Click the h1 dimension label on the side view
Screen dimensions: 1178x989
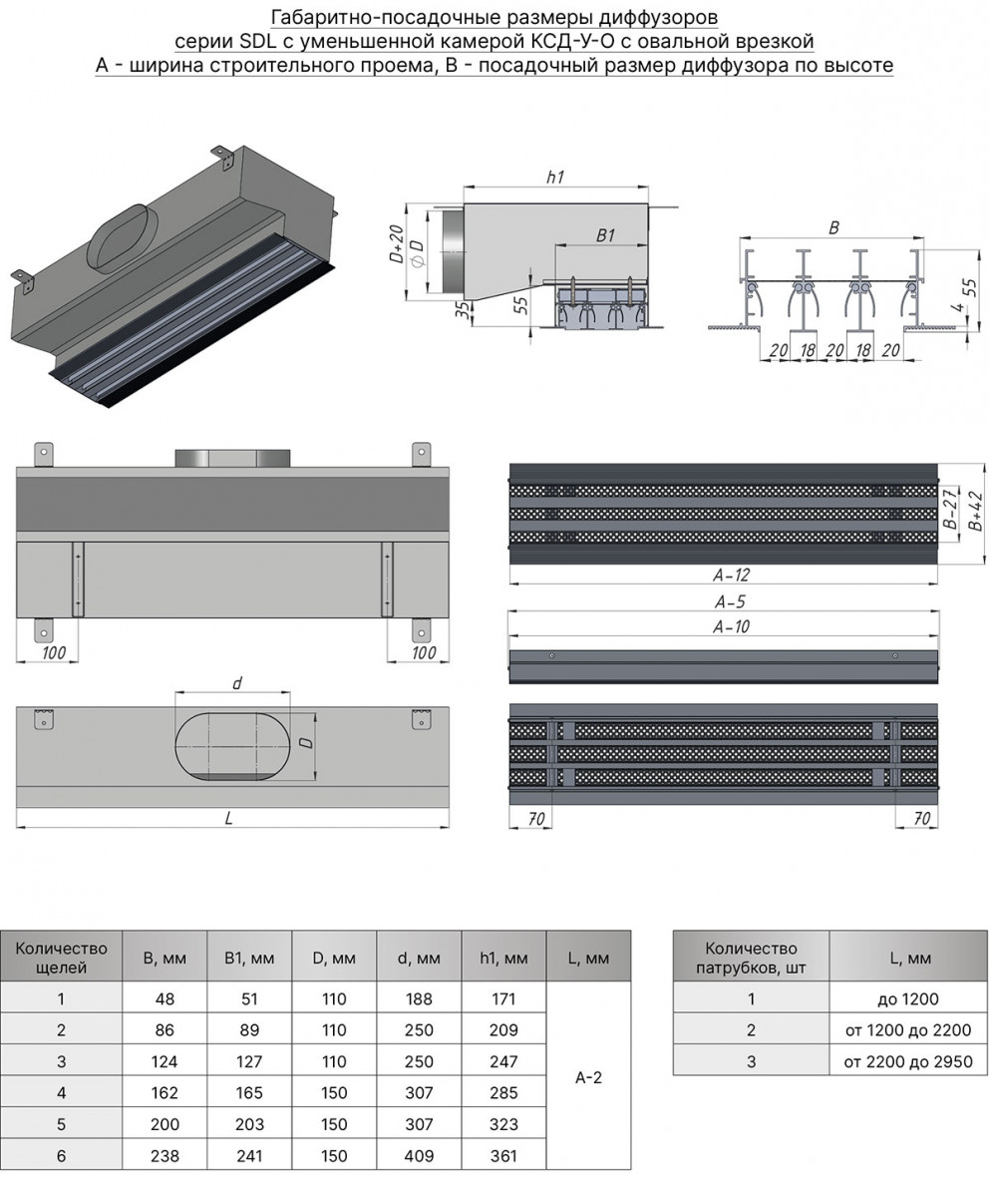[555, 177]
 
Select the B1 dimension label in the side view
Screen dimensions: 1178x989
[605, 235]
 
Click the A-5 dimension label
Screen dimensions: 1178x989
[731, 601]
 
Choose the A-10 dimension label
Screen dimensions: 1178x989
[731, 627]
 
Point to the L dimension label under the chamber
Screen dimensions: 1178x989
[228, 817]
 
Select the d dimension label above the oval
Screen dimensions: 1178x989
[237, 683]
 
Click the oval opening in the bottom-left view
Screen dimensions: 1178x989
[232, 744]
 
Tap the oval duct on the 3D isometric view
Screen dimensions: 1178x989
[121, 236]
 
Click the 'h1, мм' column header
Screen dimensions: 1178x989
[503, 959]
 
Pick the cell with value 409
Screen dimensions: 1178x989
[419, 1156]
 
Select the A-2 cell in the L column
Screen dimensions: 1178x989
[588, 1077]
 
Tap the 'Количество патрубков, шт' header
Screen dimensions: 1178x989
[751, 958]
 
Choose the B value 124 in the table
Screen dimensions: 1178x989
[164, 1061]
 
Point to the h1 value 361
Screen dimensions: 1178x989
[503, 1156]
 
